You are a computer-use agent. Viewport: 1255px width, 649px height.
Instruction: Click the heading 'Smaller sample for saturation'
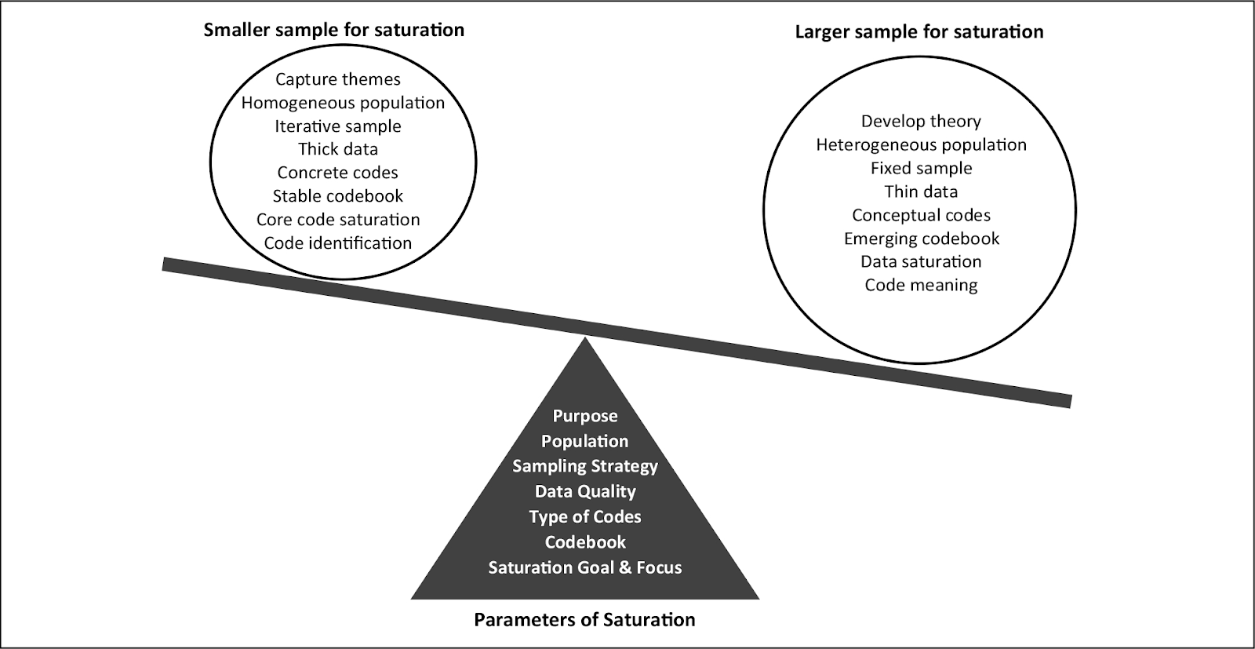coord(334,31)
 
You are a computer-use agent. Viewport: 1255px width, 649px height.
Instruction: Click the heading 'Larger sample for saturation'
coord(919,32)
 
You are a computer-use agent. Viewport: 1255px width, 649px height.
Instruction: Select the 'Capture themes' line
coord(338,79)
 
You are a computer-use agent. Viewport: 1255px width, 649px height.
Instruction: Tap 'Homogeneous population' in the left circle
coord(343,103)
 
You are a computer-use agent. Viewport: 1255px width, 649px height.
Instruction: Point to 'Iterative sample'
coord(338,126)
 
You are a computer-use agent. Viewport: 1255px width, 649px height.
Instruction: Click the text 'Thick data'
coord(338,149)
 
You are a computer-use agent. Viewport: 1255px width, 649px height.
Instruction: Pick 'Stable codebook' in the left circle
coord(338,196)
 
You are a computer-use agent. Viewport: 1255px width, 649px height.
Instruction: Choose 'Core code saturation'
coord(338,220)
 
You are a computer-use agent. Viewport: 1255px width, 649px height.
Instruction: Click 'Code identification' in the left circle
coord(338,243)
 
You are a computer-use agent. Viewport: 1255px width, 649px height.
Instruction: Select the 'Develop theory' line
coord(921,122)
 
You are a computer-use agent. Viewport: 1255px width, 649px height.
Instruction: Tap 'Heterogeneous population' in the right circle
coord(921,145)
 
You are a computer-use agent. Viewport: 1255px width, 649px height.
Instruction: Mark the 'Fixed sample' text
coord(921,169)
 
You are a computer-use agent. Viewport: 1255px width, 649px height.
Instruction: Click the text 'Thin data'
coord(921,191)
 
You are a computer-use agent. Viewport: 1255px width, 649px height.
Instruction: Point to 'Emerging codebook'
coord(922,239)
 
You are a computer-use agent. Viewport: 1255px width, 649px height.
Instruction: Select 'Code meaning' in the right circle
coord(921,285)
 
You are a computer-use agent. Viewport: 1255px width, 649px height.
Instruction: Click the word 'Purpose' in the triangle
coord(585,417)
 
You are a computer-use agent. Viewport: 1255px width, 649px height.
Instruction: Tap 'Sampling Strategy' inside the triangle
coord(585,466)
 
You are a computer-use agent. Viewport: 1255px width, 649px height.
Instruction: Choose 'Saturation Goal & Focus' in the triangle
coord(585,567)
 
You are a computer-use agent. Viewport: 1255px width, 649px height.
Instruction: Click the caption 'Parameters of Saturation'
coord(584,620)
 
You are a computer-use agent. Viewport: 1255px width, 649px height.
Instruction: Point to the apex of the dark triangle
coord(585,340)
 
